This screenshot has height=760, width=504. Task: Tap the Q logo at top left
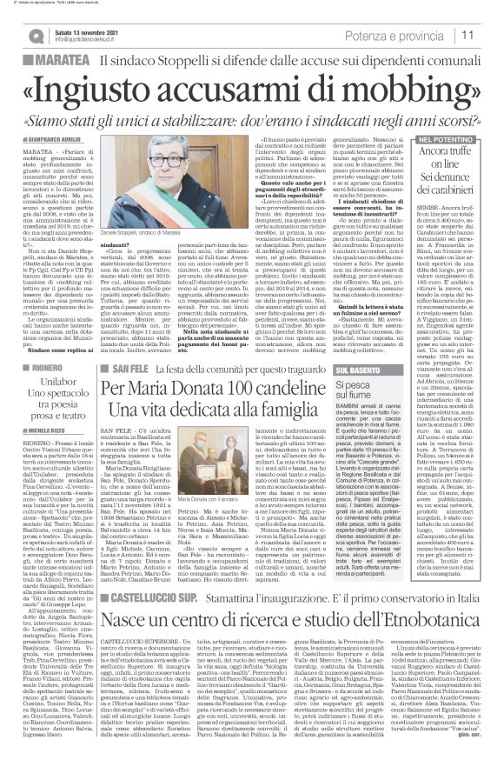(x=31, y=36)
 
